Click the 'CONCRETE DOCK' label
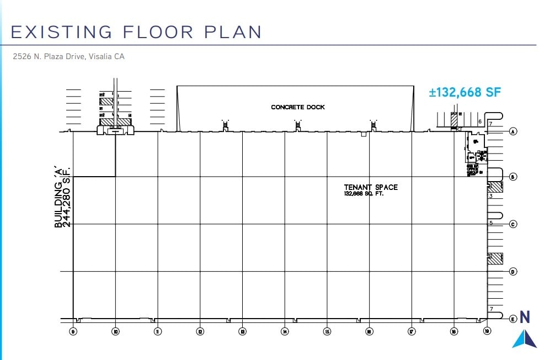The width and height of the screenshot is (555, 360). tap(298, 107)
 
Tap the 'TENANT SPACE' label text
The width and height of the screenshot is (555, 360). tap(371, 187)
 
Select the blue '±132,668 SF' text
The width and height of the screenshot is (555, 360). tap(465, 92)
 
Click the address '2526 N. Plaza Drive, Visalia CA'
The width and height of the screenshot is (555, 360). tap(70, 56)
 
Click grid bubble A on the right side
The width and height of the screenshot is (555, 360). tap(513, 132)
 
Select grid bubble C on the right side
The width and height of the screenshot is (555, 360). tap(513, 224)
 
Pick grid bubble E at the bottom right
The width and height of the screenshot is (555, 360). tap(513, 319)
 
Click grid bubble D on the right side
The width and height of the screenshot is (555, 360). tap(513, 272)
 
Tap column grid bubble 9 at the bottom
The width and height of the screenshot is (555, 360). tap(73, 332)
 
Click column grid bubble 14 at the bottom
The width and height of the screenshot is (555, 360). tap(285, 332)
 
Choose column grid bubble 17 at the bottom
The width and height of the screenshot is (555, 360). tap(412, 332)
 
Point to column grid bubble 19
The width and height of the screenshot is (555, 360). tap(487, 331)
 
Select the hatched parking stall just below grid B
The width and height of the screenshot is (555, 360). tap(495, 187)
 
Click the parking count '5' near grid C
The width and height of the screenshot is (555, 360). tap(491, 223)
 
